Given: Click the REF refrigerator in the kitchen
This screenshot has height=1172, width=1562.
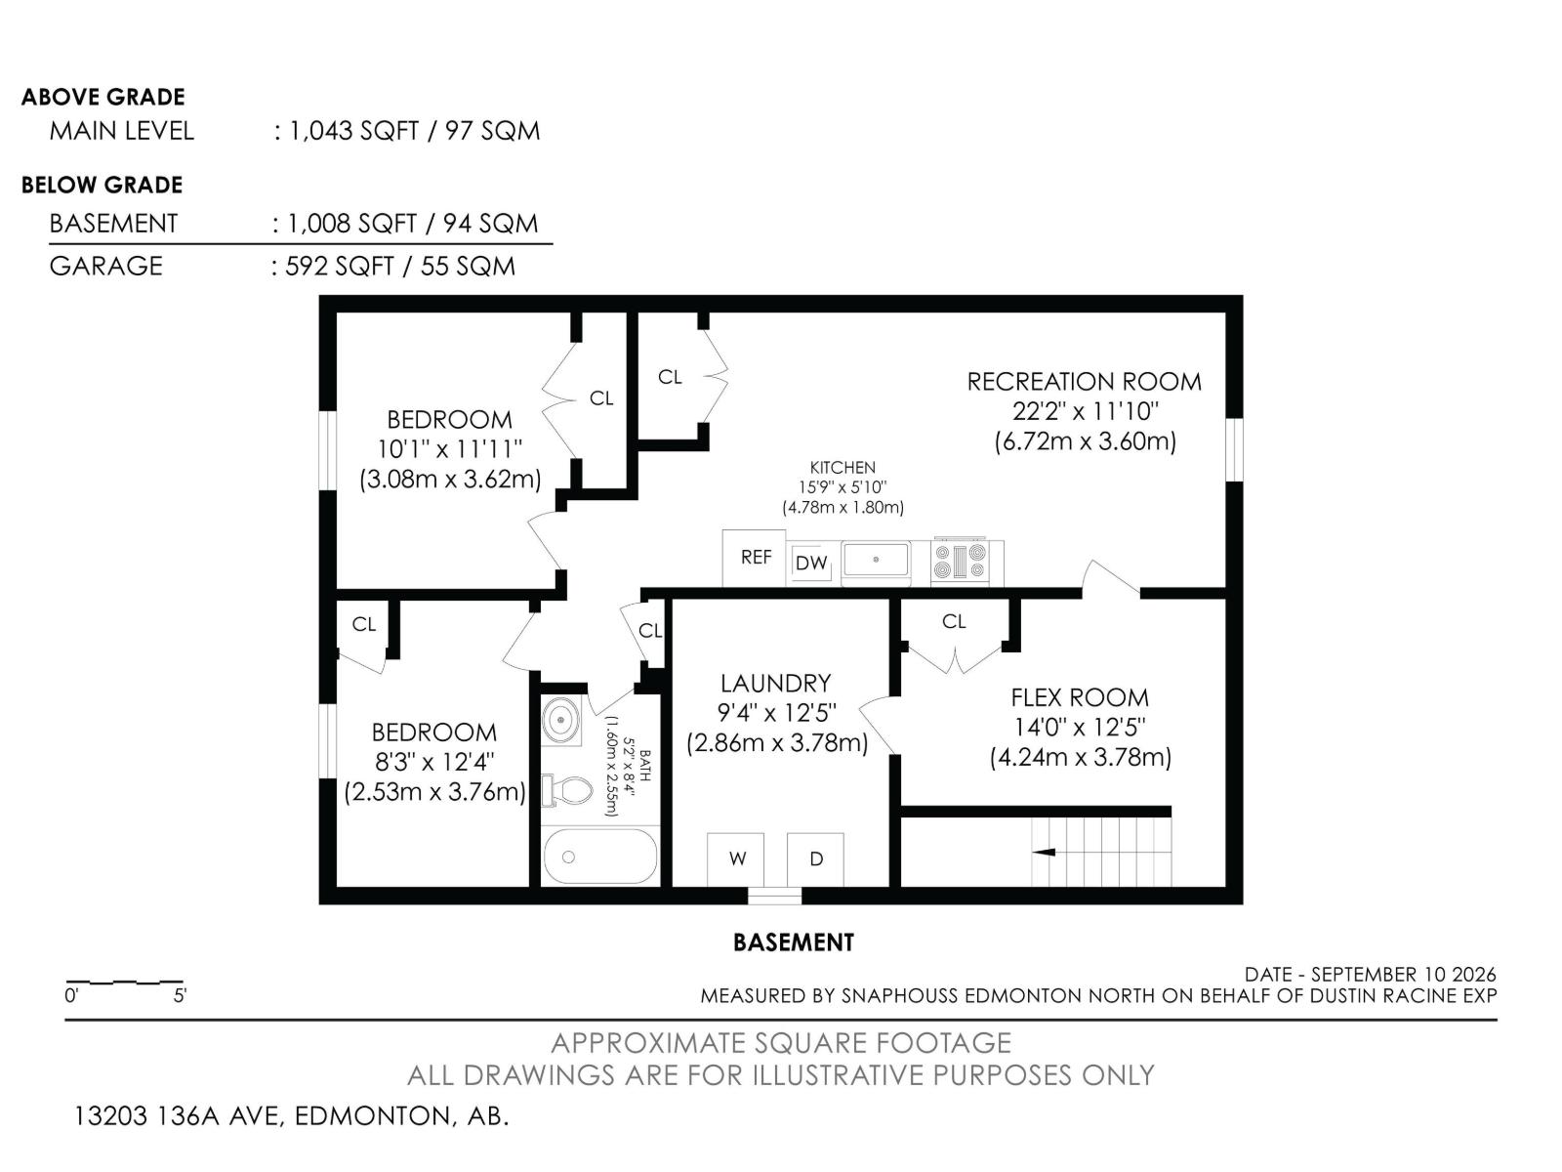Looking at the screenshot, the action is pyautogui.click(x=754, y=558).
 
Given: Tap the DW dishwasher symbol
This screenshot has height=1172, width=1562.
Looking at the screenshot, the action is pyautogui.click(x=811, y=564).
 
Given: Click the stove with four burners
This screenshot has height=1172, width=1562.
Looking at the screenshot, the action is pyautogui.click(x=960, y=561).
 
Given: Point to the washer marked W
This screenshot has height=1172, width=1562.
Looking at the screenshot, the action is pyautogui.click(x=736, y=859).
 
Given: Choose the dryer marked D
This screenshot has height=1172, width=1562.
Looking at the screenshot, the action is pyautogui.click(x=815, y=859).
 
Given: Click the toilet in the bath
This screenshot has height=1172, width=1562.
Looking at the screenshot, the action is pyautogui.click(x=567, y=790).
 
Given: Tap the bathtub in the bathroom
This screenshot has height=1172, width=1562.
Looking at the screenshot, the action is pyautogui.click(x=600, y=857).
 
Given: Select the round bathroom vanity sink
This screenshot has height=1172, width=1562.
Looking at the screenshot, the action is pyautogui.click(x=561, y=720).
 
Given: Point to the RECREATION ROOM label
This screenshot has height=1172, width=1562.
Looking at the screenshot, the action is pyautogui.click(x=1084, y=382).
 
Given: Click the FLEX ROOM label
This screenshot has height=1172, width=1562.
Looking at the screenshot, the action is pyautogui.click(x=1080, y=697).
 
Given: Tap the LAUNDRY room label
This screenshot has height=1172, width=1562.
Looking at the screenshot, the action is pyautogui.click(x=776, y=684).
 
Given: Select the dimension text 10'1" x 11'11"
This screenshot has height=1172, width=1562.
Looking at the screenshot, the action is pyautogui.click(x=450, y=449).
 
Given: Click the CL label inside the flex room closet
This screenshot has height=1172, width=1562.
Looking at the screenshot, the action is pyautogui.click(x=954, y=622).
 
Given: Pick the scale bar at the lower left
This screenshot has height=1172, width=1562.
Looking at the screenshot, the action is pyautogui.click(x=125, y=982).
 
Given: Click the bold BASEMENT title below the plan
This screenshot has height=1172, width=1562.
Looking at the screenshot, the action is pyautogui.click(x=794, y=942).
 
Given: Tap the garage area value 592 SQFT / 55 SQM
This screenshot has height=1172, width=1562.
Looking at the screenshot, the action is pyautogui.click(x=400, y=267).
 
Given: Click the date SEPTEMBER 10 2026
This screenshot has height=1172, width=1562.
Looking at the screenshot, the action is pyautogui.click(x=1403, y=975).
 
